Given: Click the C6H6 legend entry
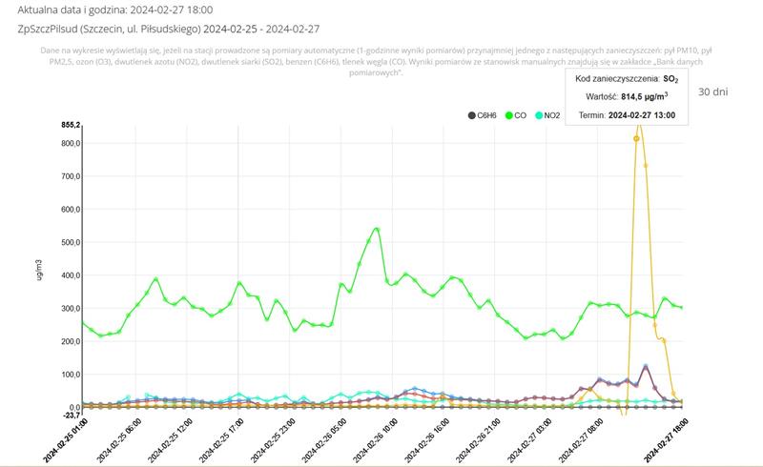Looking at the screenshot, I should click(x=485, y=115).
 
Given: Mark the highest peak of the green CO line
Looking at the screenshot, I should click(x=378, y=229).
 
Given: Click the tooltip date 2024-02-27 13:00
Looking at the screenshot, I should click(x=641, y=114).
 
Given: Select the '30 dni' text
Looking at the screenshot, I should click(x=713, y=92).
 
